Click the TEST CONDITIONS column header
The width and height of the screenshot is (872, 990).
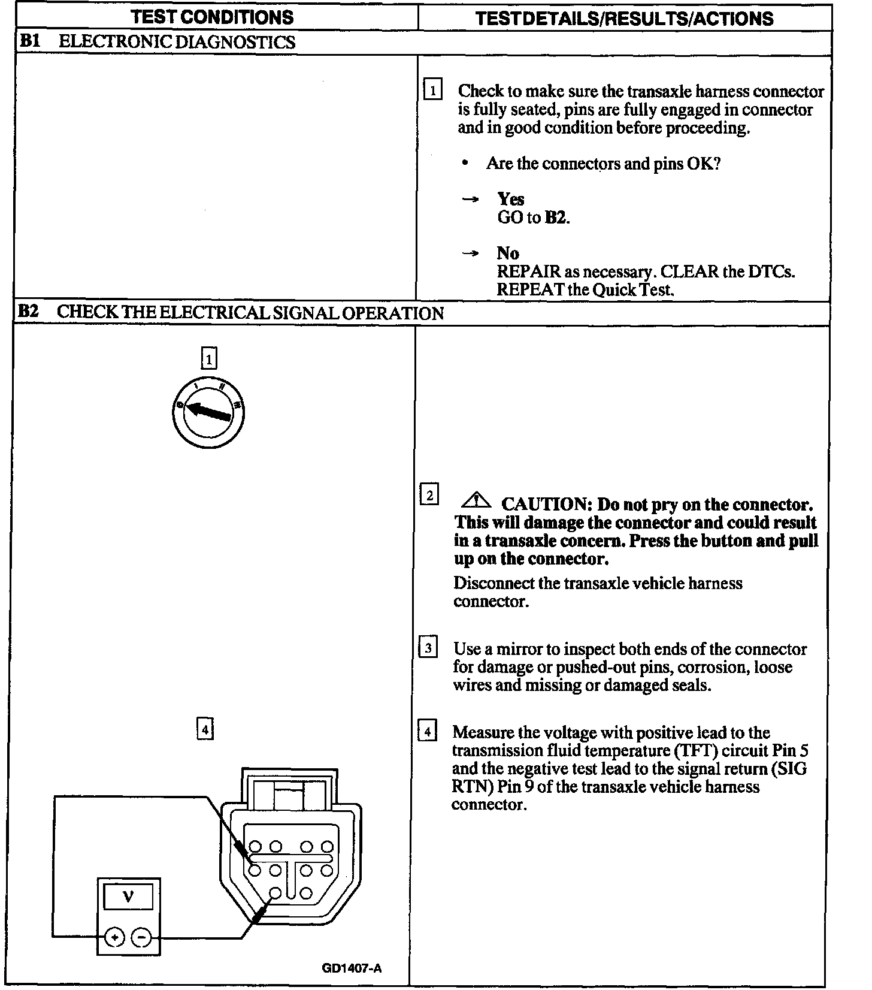coord(213,17)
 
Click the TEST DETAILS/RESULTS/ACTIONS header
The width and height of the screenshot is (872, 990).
coord(623,18)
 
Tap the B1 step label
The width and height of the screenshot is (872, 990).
coord(29,41)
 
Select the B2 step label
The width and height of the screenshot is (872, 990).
coord(28,312)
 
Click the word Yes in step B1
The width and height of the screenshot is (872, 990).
coord(510,199)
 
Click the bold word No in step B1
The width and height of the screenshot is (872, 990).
coord(508,253)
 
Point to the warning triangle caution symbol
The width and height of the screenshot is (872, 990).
coord(476,500)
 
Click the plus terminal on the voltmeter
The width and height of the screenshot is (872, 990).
coord(114,936)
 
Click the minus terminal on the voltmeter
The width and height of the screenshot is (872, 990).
coord(141,936)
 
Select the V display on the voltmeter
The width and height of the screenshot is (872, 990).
coord(128,897)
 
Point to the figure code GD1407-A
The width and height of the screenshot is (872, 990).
coord(351,968)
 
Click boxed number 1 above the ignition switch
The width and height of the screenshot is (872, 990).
coord(208,359)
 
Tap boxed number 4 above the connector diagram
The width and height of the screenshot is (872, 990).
coord(205,729)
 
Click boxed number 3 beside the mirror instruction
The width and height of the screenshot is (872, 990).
coord(428,648)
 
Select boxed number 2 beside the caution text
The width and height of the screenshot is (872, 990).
coord(429,496)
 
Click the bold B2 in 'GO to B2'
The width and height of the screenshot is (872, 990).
coord(555,218)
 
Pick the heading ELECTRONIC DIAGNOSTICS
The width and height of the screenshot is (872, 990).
coord(177,42)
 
